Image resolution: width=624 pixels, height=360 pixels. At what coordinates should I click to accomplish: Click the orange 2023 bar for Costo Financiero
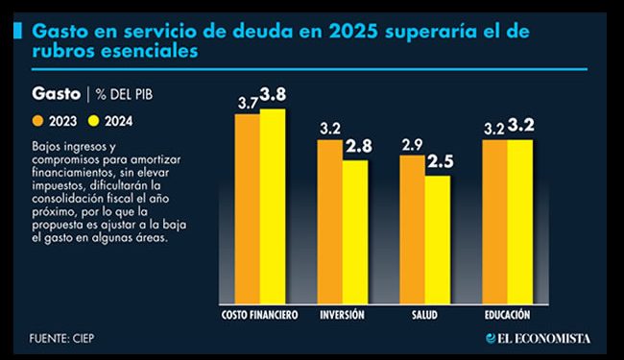248,206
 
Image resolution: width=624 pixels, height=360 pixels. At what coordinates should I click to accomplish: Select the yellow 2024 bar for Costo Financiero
273,204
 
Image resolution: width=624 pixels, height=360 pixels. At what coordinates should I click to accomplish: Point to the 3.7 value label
248,102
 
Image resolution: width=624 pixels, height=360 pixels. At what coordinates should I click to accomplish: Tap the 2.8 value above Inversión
357,147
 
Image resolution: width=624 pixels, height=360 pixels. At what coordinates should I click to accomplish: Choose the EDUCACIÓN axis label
508,315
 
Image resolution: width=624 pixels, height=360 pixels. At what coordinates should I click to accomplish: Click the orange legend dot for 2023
39,121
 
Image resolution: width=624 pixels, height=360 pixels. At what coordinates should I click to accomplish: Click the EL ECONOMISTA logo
538,338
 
